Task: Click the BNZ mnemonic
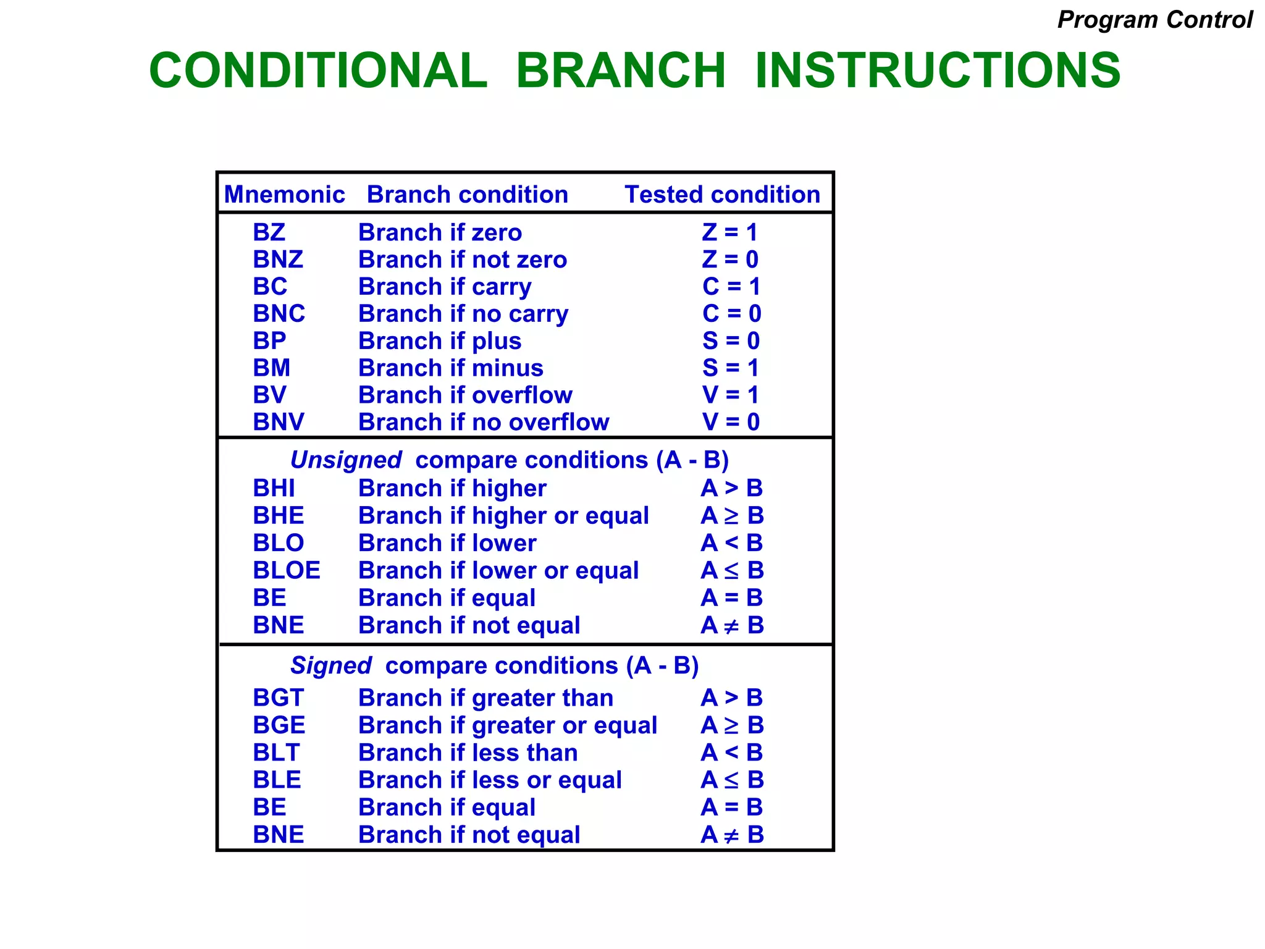(278, 259)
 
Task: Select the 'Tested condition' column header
(722, 195)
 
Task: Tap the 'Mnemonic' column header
(284, 195)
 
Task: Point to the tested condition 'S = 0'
(731, 341)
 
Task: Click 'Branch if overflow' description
(465, 395)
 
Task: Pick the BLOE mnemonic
(287, 570)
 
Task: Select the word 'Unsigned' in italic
(346, 460)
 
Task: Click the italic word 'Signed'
(331, 666)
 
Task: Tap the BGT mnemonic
(279, 698)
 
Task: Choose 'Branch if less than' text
(468, 753)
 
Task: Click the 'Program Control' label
(1154, 20)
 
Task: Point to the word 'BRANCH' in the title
(621, 70)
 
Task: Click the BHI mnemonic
(274, 489)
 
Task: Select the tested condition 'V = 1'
(730, 395)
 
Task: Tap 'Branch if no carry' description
(463, 314)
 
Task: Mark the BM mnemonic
(271, 368)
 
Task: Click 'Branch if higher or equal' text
(503, 516)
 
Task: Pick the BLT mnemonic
(276, 753)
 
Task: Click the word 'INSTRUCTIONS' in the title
(938, 70)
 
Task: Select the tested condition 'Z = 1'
(729, 233)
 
